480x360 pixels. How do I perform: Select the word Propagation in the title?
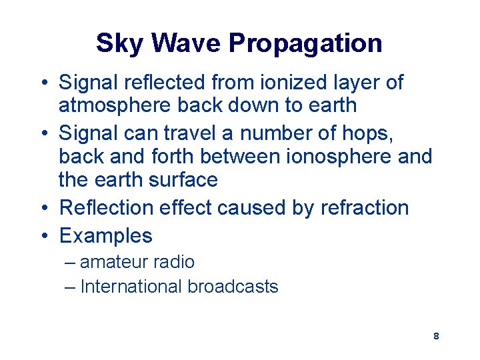pyautogui.click(x=305, y=43)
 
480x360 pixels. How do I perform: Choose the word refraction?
pyautogui.click(x=365, y=207)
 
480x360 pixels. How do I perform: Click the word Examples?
pyautogui.click(x=106, y=235)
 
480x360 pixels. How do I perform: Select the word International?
pyautogui.click(x=131, y=287)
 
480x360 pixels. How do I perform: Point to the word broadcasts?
pyautogui.click(x=233, y=287)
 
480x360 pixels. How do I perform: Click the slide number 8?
pyautogui.click(x=436, y=336)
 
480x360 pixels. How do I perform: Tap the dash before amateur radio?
pyautogui.click(x=71, y=262)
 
